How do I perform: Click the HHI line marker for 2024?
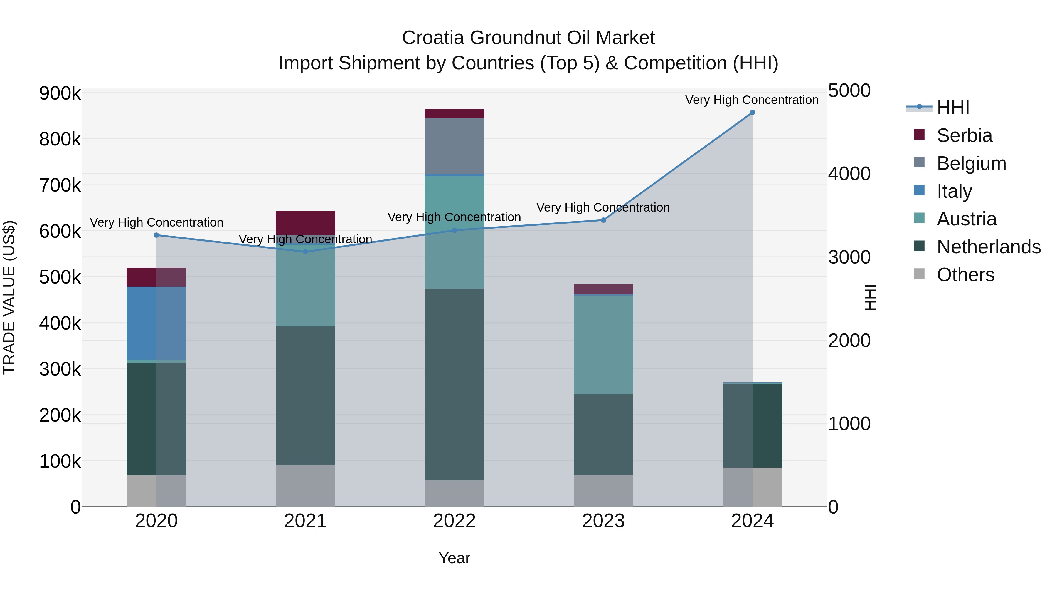click(x=752, y=113)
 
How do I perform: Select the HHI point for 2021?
click(x=305, y=252)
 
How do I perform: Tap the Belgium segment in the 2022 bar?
click(x=454, y=146)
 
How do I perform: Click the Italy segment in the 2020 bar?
click(x=156, y=323)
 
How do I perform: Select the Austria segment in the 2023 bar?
click(x=603, y=345)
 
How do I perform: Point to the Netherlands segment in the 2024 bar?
click(x=752, y=426)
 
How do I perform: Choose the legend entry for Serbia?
click(x=964, y=135)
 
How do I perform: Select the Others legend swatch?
click(x=919, y=274)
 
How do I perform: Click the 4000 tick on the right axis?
click(x=849, y=174)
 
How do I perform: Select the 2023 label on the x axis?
click(x=603, y=521)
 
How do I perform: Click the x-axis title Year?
click(x=454, y=558)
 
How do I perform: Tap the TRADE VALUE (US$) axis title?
click(x=9, y=297)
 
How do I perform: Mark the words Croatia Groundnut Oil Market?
click(x=528, y=38)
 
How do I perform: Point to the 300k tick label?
click(x=60, y=369)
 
